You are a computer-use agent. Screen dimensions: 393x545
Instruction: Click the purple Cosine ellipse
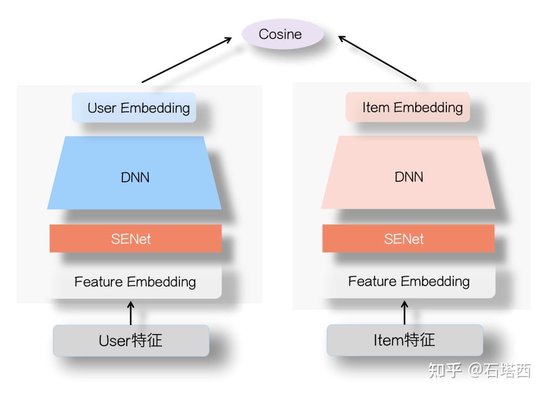[x=282, y=34]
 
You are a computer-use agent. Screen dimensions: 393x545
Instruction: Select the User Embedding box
[x=134, y=108]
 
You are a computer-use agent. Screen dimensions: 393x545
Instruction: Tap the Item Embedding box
[x=408, y=107]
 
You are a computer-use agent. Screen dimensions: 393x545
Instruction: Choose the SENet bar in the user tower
[x=135, y=238]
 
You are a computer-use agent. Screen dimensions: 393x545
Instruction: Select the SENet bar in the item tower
[x=408, y=238]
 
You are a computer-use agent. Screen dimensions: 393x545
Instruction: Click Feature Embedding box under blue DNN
[x=135, y=282]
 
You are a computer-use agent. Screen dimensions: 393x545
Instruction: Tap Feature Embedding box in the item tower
[x=408, y=282]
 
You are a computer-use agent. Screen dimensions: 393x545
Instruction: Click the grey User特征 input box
[x=131, y=340]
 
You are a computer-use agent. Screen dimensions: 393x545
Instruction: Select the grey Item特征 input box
[x=405, y=340]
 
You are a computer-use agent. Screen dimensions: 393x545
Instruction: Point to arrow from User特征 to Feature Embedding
[x=131, y=313]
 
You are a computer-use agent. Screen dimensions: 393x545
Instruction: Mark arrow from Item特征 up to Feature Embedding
[x=405, y=313]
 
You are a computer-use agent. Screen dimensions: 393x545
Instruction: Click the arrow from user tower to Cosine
[x=186, y=60]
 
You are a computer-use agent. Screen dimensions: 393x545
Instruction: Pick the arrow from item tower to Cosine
[x=377, y=58]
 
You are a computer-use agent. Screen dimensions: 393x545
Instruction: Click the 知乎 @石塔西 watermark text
[x=479, y=370]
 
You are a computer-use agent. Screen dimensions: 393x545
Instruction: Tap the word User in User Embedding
[x=101, y=108]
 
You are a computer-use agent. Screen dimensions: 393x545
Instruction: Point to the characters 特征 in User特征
[x=147, y=340]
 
